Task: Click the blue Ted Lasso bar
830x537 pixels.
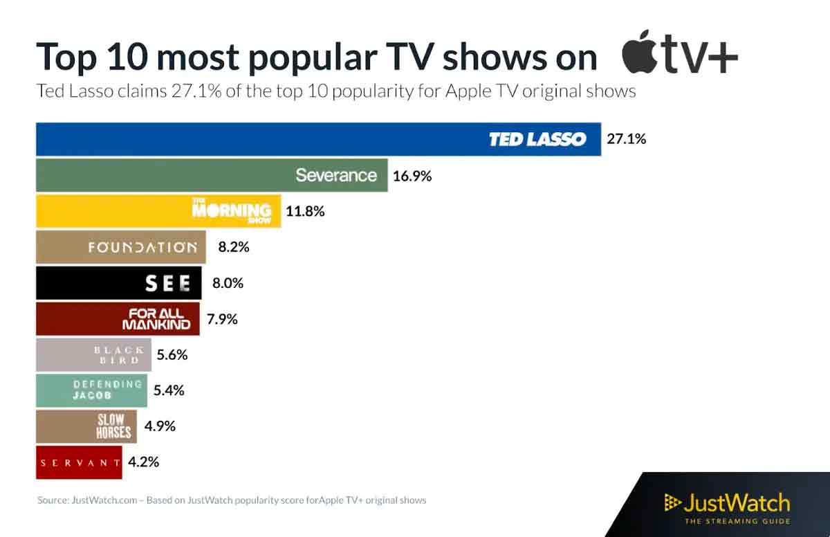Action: [x=318, y=139]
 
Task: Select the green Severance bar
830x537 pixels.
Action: [x=211, y=175]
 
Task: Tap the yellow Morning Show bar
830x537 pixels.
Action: [x=158, y=211]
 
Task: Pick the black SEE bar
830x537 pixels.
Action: [x=118, y=283]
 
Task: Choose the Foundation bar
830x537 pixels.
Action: [x=120, y=247]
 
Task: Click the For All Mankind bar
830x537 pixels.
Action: [x=118, y=319]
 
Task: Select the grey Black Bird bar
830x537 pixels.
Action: [x=93, y=355]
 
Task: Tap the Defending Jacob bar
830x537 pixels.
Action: [x=91, y=390]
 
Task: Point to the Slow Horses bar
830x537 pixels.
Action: [x=86, y=426]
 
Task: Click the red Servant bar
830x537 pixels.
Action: [x=78, y=462]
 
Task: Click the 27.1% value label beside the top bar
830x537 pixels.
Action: [x=626, y=139]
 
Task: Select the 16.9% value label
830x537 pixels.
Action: [x=412, y=176]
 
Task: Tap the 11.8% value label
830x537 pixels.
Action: [x=305, y=211]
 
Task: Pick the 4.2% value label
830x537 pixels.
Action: [x=144, y=462]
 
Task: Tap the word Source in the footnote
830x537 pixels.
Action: [x=53, y=500]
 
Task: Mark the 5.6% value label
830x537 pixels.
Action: [x=172, y=355]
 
